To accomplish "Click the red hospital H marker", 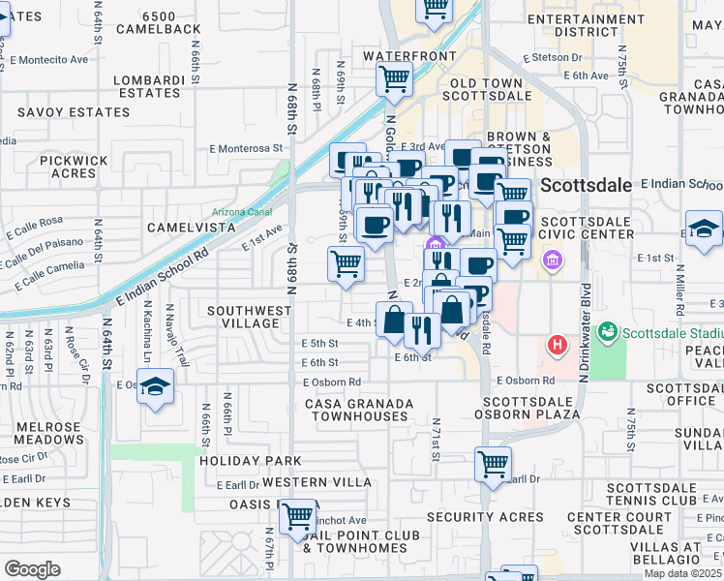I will (x=558, y=344).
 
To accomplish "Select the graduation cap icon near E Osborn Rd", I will (x=155, y=387).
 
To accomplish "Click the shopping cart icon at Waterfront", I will (x=395, y=78).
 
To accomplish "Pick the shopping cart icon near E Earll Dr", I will (x=494, y=465).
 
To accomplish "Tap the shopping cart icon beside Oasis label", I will (x=297, y=516).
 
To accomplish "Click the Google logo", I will (x=32, y=569).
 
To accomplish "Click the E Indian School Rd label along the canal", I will (x=161, y=274).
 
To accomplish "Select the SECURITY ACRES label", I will (x=482, y=517).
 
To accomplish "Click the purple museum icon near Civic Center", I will (x=553, y=260).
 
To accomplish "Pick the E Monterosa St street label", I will (x=251, y=149).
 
